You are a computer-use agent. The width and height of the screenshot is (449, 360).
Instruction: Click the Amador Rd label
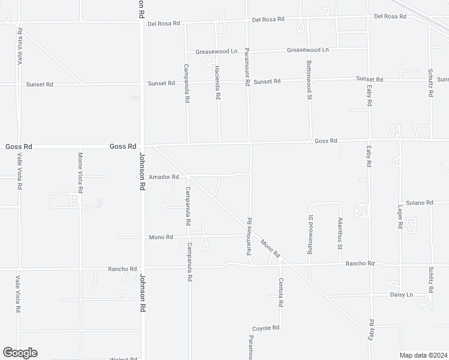164,177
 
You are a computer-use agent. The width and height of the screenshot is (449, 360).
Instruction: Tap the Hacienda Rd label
218,83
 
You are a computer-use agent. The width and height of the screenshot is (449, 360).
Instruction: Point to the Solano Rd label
419,203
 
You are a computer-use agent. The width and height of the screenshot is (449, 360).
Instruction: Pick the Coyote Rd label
266,328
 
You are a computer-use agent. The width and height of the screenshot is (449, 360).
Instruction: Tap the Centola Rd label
280,292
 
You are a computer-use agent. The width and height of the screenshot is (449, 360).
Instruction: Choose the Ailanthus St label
340,233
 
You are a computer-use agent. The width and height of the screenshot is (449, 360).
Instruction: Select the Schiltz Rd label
431,280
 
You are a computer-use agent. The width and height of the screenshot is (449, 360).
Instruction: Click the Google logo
20,353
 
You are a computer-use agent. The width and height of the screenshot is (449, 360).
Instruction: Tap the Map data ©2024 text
424,355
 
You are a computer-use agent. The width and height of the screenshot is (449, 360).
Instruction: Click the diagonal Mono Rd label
270,248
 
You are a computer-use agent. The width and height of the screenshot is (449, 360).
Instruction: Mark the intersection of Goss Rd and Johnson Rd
142,146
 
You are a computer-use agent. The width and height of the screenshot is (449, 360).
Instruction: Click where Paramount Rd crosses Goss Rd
250,143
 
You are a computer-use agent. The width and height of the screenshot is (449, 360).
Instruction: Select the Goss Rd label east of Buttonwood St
326,141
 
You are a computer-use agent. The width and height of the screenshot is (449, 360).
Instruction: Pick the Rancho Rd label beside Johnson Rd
122,269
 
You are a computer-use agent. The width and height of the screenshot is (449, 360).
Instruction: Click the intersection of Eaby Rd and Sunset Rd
369,80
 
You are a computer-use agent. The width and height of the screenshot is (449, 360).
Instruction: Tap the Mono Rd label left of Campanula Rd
161,237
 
